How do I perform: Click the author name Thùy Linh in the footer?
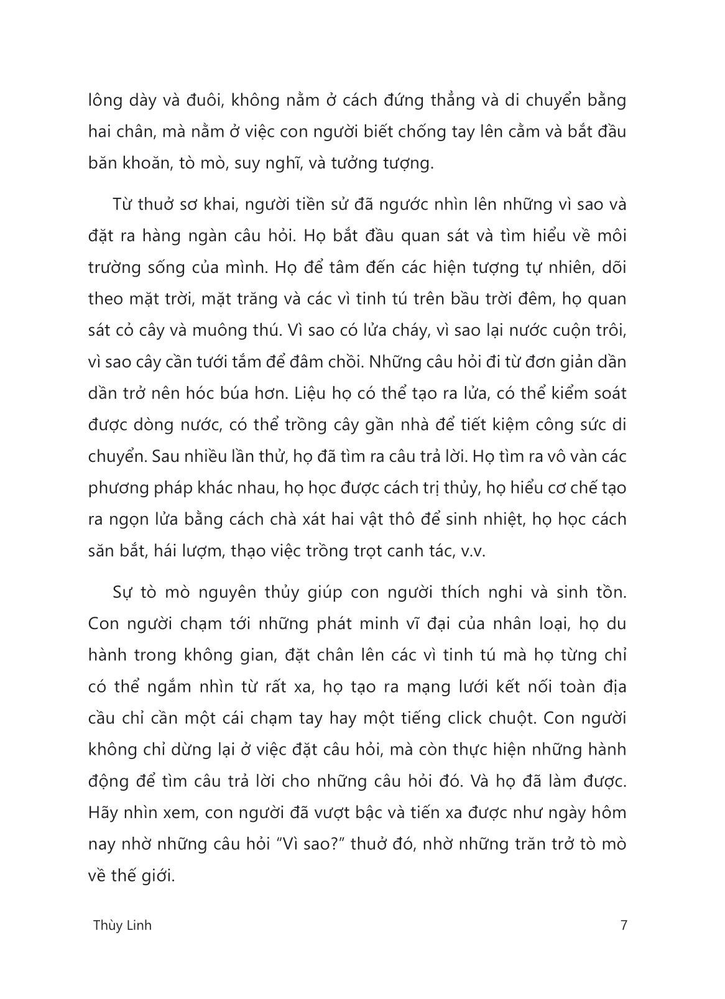click(x=122, y=925)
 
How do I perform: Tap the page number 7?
click(x=624, y=925)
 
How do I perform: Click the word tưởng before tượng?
click(x=352, y=163)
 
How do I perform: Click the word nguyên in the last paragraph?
click(x=203, y=591)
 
